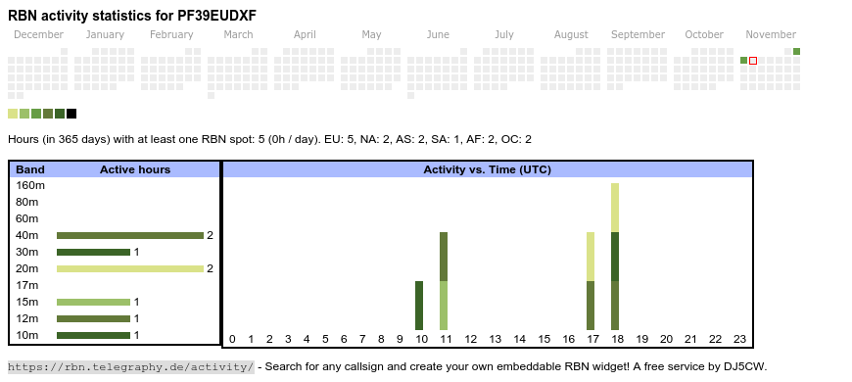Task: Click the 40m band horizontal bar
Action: click(130, 235)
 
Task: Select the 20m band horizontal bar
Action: click(130, 268)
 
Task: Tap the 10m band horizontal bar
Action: click(93, 335)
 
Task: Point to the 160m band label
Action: click(30, 185)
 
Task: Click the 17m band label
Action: click(27, 285)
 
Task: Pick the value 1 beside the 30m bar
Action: click(137, 252)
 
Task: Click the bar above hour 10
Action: click(419, 306)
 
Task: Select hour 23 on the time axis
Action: click(739, 339)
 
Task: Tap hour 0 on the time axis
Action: click(232, 339)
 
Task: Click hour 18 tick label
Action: click(617, 339)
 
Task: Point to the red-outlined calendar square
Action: click(753, 61)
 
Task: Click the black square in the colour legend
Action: click(71, 114)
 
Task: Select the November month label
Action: click(771, 35)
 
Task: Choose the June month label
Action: click(438, 35)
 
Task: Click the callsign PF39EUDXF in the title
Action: click(216, 16)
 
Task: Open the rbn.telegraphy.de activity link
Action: click(131, 366)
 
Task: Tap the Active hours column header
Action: click(135, 169)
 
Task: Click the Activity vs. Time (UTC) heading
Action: click(488, 169)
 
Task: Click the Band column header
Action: click(30, 169)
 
